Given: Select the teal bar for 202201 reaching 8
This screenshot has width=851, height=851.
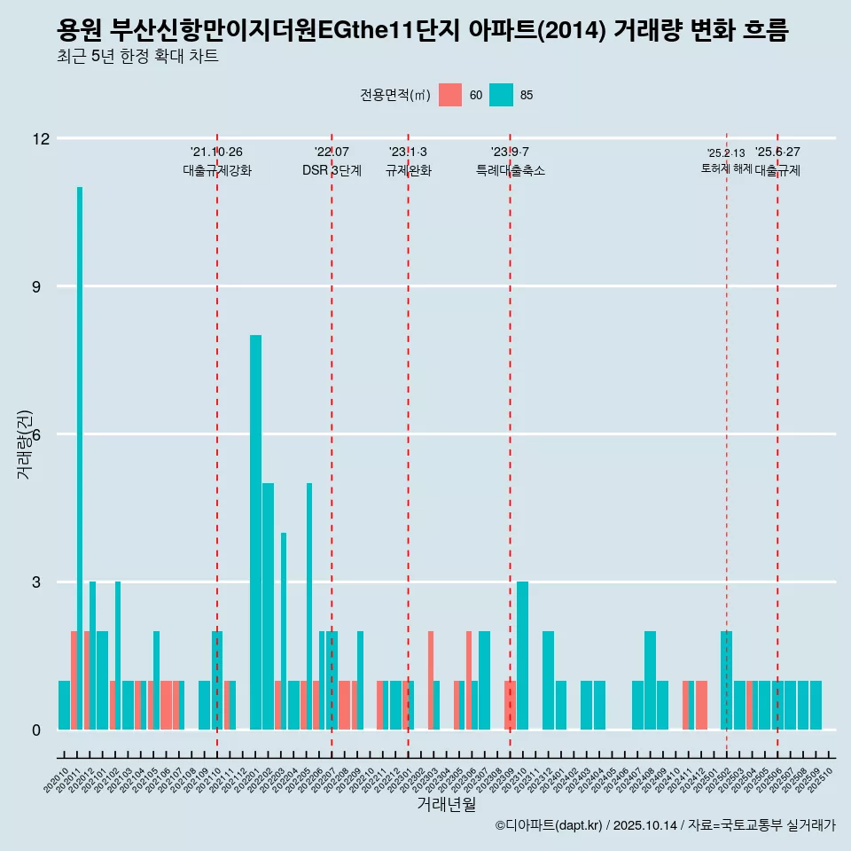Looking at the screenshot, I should [x=255, y=532].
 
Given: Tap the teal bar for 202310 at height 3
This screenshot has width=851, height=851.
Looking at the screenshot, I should [x=523, y=656].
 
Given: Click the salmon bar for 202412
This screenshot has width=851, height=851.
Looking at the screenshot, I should [x=701, y=706].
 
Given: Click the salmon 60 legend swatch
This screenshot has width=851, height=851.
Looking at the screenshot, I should [x=450, y=95].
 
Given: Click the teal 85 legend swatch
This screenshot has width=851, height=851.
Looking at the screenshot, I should [x=502, y=95].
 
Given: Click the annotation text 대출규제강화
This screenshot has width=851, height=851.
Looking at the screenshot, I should [x=217, y=171].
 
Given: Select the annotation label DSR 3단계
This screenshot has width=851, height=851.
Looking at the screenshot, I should [x=332, y=171].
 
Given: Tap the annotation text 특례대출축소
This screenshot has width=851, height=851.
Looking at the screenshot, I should [x=510, y=171].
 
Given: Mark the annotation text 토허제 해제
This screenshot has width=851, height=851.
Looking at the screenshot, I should [x=726, y=168].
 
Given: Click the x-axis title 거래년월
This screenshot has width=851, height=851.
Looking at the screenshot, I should [x=446, y=805].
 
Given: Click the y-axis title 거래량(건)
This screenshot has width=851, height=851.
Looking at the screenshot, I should [x=24, y=443].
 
